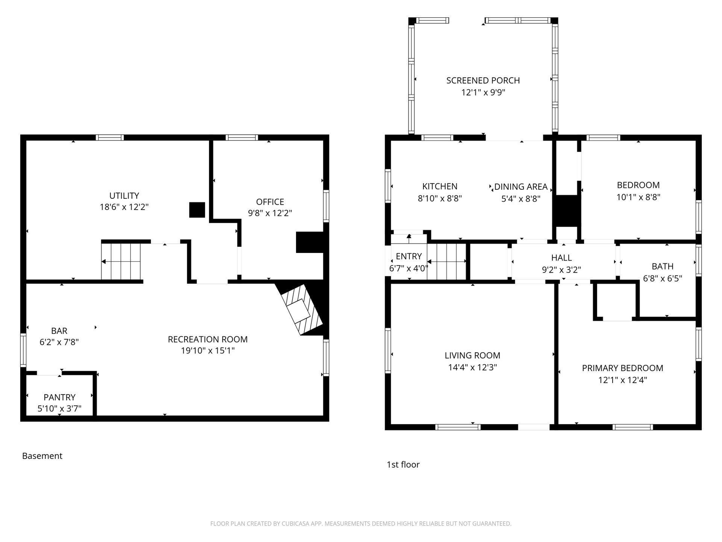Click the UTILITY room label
tap(124, 196)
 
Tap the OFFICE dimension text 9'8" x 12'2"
tap(270, 213)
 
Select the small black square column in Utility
tap(197, 210)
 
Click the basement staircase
tap(121, 262)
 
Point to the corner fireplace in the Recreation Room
tap(302, 309)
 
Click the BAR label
tap(59, 331)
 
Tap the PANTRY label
tap(59, 397)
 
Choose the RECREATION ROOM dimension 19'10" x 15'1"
tap(208, 351)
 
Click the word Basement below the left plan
tap(42, 456)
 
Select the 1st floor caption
tap(403, 464)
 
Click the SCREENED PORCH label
tap(483, 81)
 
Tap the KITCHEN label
tap(440, 186)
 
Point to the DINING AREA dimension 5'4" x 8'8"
tap(521, 199)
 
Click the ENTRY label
tap(409, 256)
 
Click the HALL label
tap(561, 258)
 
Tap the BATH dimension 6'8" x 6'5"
tap(663, 279)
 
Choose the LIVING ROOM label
tap(472, 356)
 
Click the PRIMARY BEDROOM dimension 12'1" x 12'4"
tap(623, 380)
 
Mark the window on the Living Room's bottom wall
tap(458, 427)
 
